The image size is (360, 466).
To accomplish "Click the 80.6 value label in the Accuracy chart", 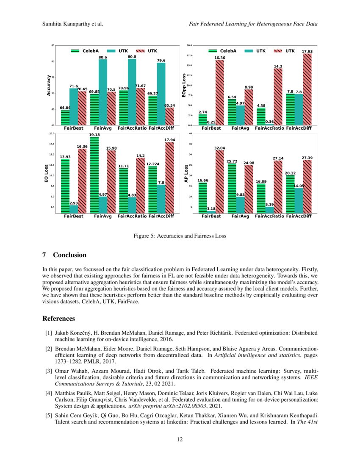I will [102, 57].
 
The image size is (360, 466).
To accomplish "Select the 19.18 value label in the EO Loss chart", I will [94, 135].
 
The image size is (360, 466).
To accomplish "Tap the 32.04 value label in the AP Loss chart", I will [219, 148].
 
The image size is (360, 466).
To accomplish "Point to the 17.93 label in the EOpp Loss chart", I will [307, 51].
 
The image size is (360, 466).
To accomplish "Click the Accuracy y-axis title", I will [49, 85].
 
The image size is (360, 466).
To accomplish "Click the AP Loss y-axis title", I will [186, 173].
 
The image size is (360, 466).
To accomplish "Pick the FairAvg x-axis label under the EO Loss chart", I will [102, 216].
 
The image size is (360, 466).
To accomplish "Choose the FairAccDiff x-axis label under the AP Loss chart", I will [299, 216].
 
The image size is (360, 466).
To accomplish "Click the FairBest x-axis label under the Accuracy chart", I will [74, 128].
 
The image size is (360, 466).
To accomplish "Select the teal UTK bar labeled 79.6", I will [161, 93].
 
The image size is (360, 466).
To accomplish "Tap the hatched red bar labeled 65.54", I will [169, 116].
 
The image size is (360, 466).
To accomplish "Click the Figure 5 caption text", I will [180, 236].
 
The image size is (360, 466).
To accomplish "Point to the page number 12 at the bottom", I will [180, 439].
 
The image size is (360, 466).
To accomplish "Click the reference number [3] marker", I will [49, 370].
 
